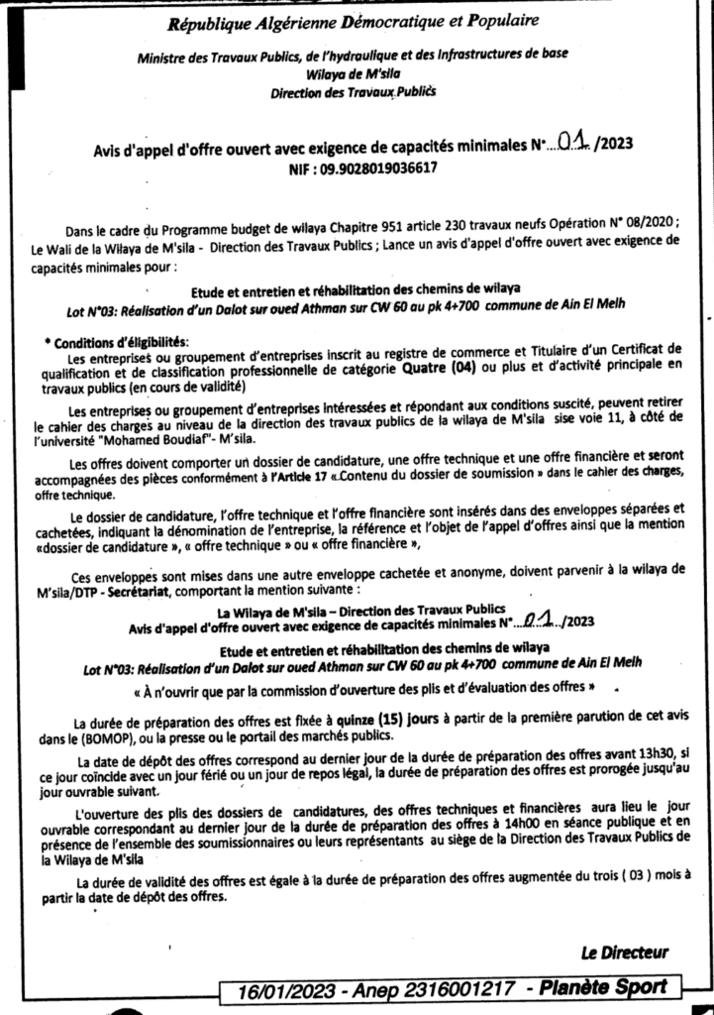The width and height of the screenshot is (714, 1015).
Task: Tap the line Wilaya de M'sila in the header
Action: click(x=353, y=72)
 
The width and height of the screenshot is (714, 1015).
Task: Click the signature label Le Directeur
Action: click(x=624, y=953)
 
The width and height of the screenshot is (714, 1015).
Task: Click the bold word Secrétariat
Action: click(x=164, y=589)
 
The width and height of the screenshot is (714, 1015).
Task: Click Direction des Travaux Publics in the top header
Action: click(x=353, y=91)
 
